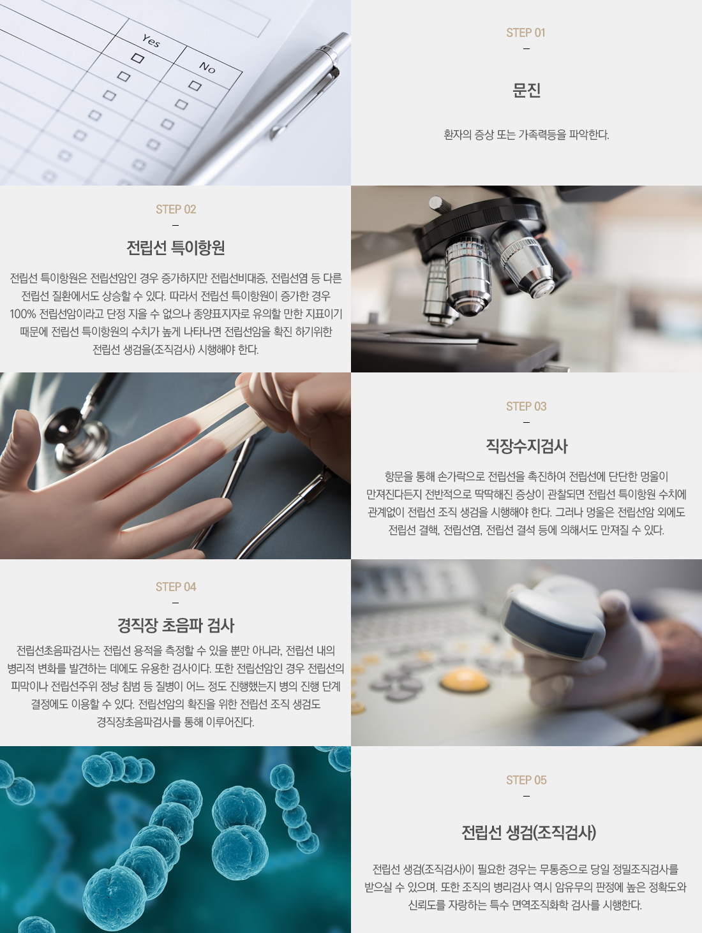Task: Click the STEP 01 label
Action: [x=526, y=33]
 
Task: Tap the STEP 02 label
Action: [x=175, y=209]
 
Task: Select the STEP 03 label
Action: [x=526, y=406]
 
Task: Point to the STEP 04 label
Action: [x=175, y=587]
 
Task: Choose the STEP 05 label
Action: [x=526, y=780]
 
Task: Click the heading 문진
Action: [x=526, y=90]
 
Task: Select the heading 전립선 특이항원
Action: [x=175, y=247]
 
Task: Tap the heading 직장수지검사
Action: [x=526, y=446]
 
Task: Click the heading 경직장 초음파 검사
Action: [x=175, y=625]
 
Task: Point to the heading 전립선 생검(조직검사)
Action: [x=528, y=833]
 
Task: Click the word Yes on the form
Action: [x=151, y=41]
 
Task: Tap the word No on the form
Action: [x=207, y=67]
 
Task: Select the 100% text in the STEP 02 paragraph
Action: [x=23, y=314]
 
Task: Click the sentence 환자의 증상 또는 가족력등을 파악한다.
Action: [x=526, y=135]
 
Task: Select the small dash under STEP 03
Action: [x=526, y=423]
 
